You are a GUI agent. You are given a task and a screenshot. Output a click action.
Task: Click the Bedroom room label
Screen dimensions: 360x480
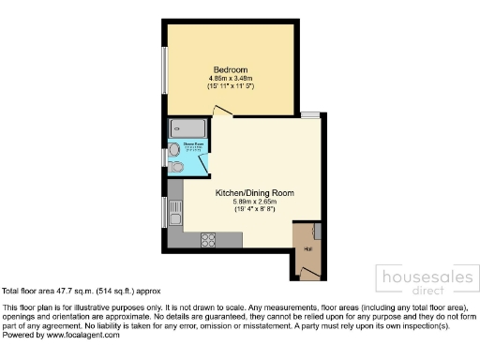click(230, 70)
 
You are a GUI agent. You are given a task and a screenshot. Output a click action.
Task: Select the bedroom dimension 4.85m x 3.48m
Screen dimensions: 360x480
click(230, 79)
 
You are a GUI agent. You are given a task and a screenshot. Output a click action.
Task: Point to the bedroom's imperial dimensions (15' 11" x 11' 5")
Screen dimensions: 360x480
click(230, 86)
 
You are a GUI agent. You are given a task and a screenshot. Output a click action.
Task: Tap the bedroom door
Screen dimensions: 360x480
click(221, 112)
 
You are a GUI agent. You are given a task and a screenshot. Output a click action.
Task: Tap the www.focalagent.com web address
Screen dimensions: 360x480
click(86, 335)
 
